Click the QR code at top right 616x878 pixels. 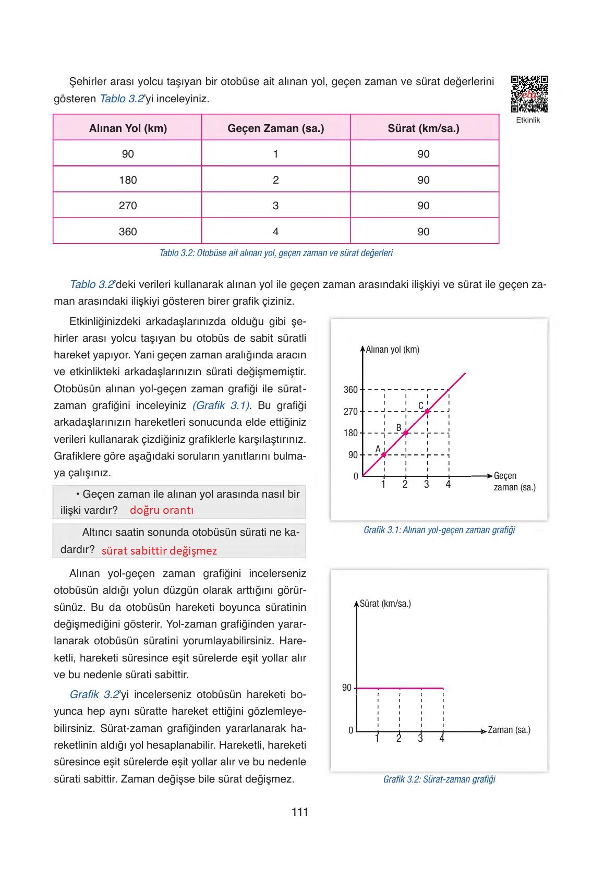(529, 94)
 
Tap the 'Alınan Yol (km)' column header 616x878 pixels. (128, 128)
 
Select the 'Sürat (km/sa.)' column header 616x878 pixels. (424, 128)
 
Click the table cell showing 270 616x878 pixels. (128, 206)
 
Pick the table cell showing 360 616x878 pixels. (128, 232)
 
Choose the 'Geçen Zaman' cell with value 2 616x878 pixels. (275, 180)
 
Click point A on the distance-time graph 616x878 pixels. (384, 455)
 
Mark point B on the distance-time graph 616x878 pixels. (405, 433)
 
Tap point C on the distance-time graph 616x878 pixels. (427, 412)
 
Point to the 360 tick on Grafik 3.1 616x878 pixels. (351, 390)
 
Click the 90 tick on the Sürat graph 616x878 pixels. (347, 688)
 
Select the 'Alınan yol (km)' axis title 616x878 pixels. (392, 350)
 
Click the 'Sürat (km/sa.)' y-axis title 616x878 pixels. (385, 604)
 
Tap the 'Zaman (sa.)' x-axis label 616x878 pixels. (509, 730)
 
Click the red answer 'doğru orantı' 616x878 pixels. (162, 510)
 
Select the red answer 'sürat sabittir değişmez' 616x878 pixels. (159, 550)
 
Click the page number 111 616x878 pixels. (300, 812)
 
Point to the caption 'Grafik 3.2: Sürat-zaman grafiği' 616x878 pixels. (439, 779)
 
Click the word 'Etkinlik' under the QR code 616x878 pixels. (528, 120)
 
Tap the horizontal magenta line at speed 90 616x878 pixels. (400, 689)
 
